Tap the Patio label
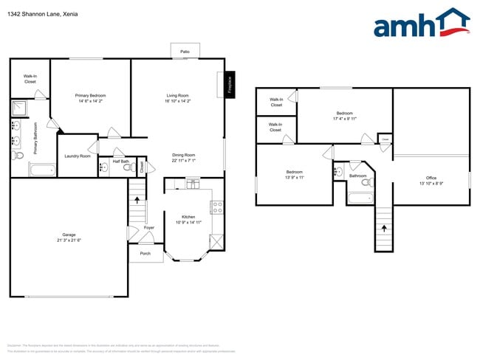185,52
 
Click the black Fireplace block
230,83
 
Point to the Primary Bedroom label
91,96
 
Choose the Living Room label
177,96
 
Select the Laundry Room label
78,156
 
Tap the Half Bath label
121,162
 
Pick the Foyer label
148,228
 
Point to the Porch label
145,253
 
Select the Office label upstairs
431,178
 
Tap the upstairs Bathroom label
358,176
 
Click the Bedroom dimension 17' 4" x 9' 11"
344,118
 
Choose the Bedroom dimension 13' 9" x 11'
294,177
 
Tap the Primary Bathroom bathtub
41,170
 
